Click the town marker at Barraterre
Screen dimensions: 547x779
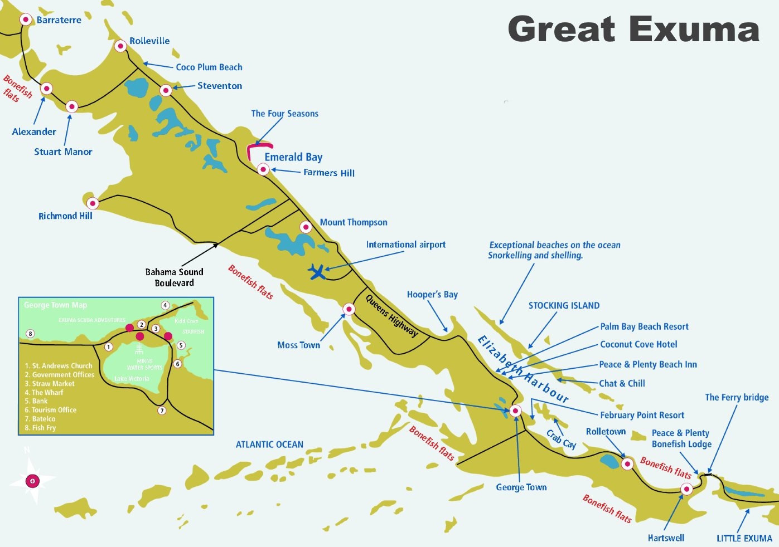[26, 19]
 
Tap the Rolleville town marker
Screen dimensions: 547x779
[120, 46]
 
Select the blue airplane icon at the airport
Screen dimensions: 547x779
[317, 272]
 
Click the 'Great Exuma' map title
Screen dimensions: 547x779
[633, 29]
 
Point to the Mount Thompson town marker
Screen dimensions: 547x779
[306, 227]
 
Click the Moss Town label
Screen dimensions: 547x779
[298, 345]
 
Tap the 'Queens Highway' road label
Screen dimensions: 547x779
[391, 315]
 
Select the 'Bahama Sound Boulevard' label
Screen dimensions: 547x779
[174, 277]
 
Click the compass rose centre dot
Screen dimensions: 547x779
[33, 481]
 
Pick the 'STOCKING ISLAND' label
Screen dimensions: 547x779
[564, 306]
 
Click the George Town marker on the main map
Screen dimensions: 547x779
[516, 411]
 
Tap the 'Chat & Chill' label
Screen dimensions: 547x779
[622, 383]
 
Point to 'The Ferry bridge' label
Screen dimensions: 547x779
[736, 397]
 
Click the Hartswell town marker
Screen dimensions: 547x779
[686, 489]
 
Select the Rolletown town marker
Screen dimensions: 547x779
[627, 463]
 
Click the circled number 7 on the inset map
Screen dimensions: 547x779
[162, 411]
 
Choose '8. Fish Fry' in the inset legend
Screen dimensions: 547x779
[40, 428]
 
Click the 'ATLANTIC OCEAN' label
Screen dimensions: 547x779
[269, 445]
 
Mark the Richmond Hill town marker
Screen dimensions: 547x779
[93, 203]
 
